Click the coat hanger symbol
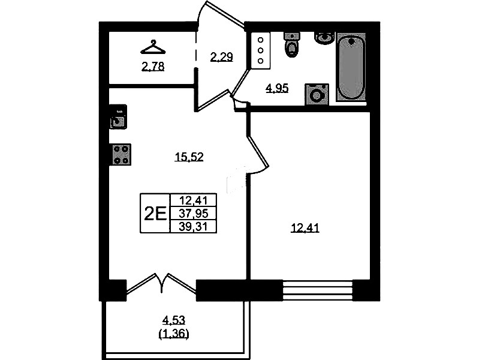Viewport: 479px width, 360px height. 153,47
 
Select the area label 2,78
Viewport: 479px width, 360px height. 153,67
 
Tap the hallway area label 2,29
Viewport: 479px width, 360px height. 221,57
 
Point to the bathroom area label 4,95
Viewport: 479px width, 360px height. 277,88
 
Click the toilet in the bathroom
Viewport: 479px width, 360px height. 292,44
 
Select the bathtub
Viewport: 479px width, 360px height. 351,67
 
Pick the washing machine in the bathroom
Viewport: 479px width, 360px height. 317,95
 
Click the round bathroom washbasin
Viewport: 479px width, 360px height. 324,38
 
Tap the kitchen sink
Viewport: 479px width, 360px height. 118,117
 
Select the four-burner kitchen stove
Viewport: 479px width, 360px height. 120,154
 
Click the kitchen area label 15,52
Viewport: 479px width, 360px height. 189,157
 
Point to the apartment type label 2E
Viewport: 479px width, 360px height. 155,214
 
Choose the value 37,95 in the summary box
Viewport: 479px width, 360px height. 193,213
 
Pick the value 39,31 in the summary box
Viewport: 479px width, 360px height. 193,227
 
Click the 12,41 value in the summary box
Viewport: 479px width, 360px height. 193,200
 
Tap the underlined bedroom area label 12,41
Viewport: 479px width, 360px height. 305,228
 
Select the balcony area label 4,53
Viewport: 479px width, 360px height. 174,320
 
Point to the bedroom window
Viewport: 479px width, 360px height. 318,290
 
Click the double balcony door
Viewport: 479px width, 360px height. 161,284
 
